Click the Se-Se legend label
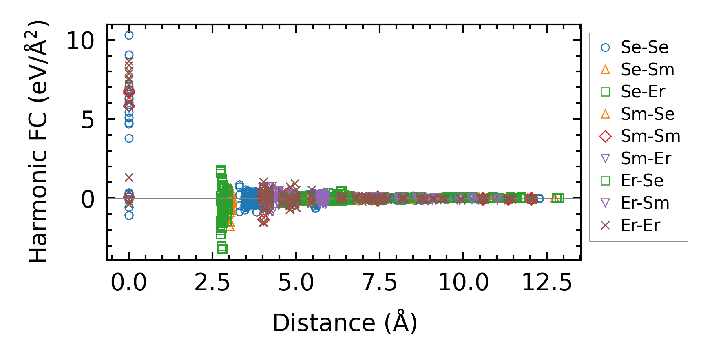[x=644, y=48]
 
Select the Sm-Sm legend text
[x=650, y=137]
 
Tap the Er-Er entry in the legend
[x=640, y=225]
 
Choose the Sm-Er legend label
[x=646, y=159]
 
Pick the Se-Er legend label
[x=643, y=92]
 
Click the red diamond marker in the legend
[x=606, y=137]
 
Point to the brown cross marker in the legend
[x=606, y=225]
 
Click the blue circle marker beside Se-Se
[x=606, y=48]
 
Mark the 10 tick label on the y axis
[x=80, y=41]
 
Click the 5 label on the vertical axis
[x=88, y=121]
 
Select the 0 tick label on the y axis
[x=88, y=200]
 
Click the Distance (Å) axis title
[x=345, y=323]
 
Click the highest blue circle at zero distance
[x=129, y=35]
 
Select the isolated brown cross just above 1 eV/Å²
[x=129, y=178]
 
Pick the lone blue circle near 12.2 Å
[x=540, y=199]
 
